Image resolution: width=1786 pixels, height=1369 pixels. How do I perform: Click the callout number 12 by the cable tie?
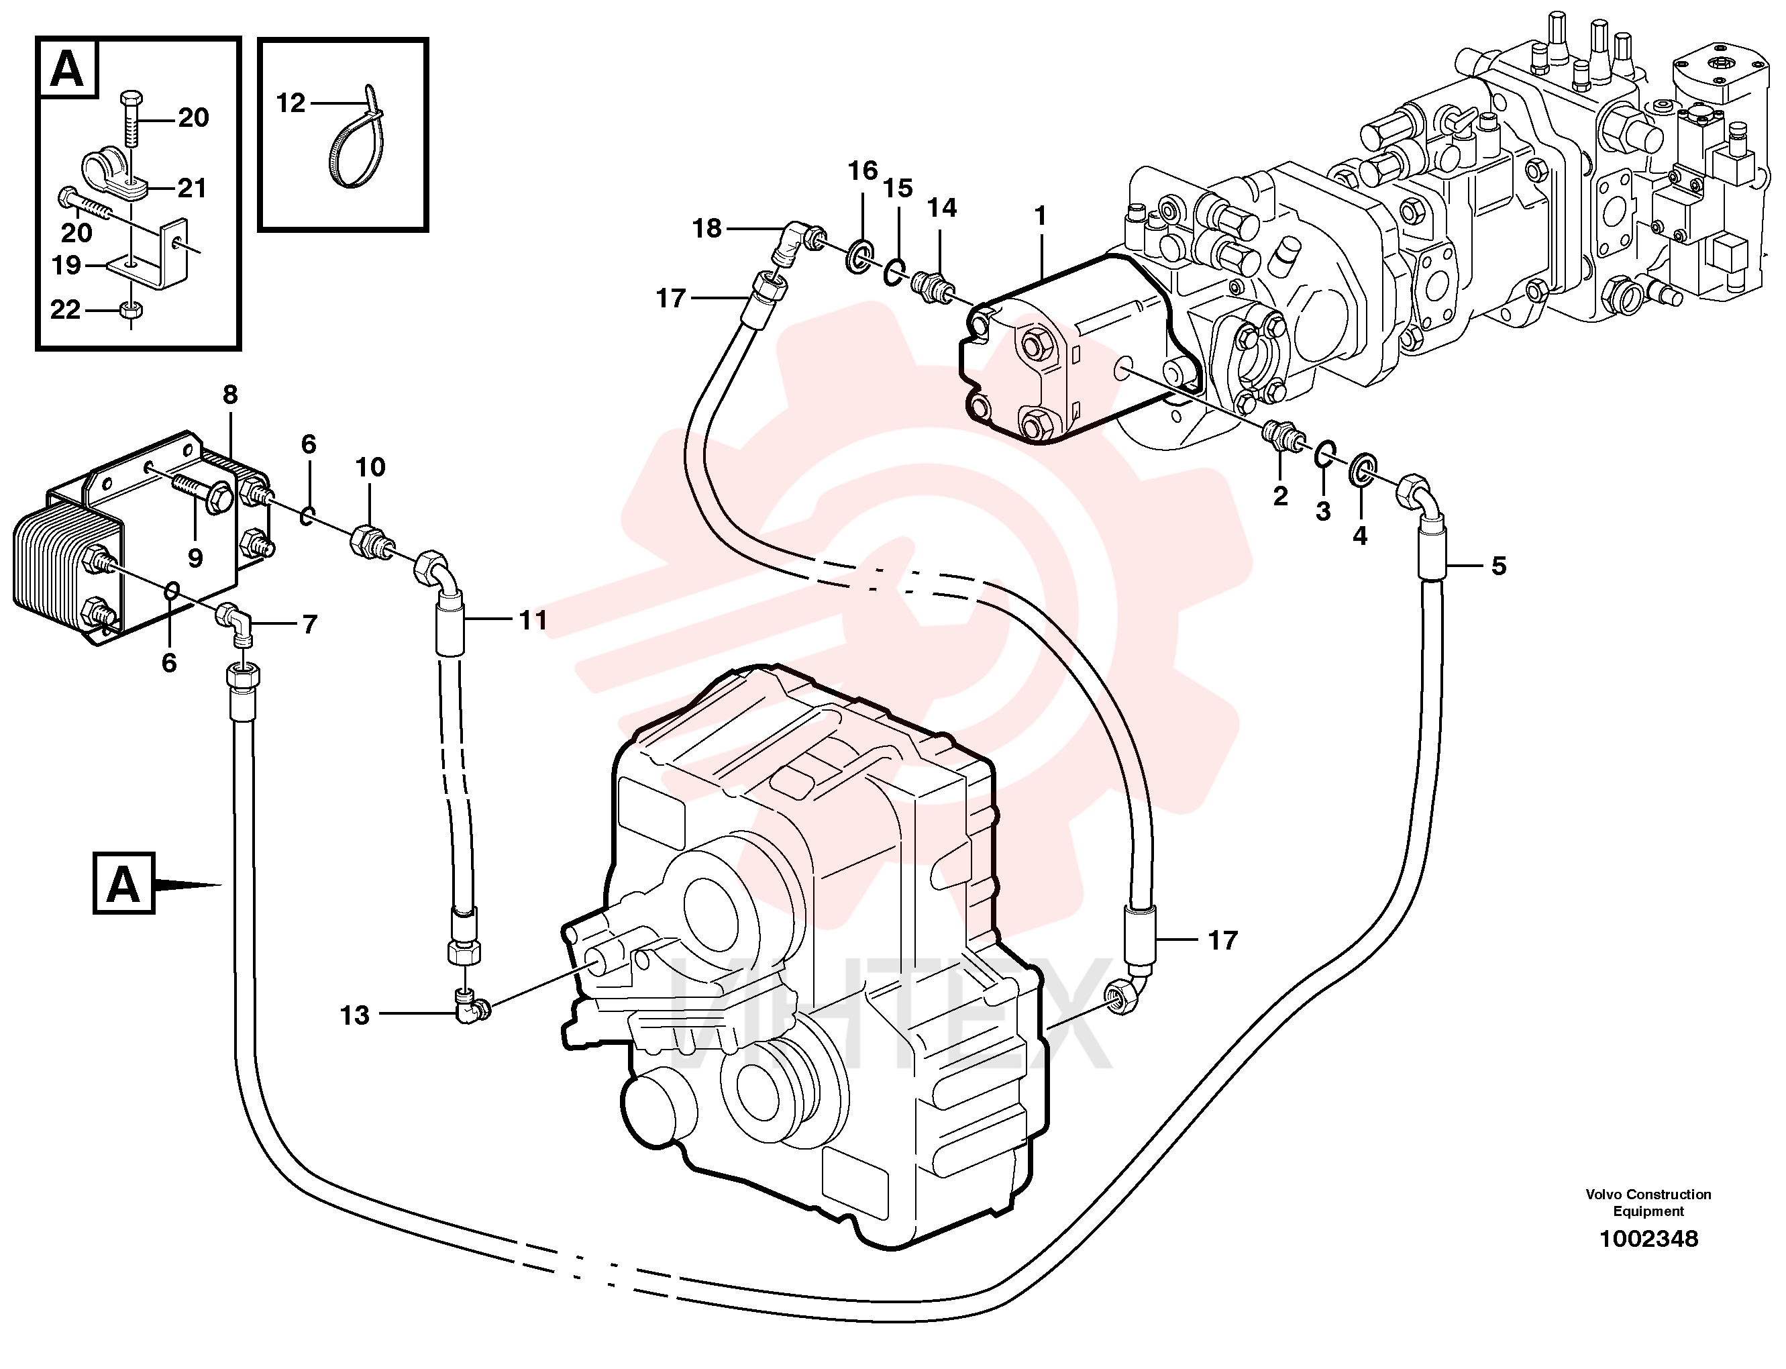(x=290, y=103)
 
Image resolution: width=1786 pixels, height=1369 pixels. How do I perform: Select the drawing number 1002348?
(x=1648, y=1239)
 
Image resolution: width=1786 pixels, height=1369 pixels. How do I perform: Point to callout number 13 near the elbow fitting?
(x=354, y=1015)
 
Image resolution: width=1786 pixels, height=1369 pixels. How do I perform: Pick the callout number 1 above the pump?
(x=1040, y=216)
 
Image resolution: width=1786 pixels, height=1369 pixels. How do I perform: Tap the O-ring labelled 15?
(x=894, y=271)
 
